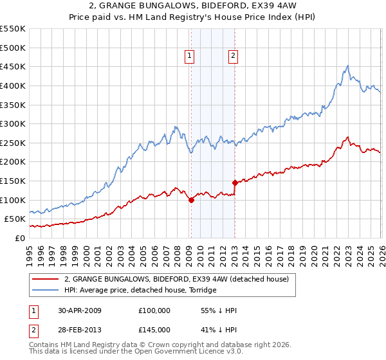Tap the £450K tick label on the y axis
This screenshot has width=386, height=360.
point(12,66)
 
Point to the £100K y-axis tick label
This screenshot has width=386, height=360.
point(12,200)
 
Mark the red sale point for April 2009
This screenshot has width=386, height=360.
point(191,200)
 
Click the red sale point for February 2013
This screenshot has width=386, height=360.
point(235,183)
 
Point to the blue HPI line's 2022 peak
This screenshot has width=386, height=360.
point(347,66)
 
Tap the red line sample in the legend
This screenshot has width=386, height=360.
point(46,279)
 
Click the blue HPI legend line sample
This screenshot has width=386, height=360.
point(46,290)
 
